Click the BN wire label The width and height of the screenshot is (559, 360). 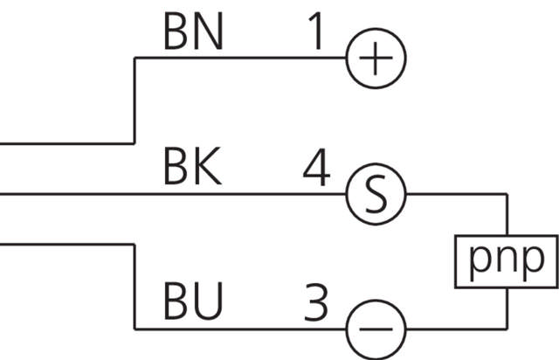[193, 32]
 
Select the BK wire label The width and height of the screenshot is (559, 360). [192, 168]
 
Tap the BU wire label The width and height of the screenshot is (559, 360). [193, 303]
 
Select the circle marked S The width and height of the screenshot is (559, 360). [376, 193]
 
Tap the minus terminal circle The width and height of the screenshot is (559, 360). [376, 329]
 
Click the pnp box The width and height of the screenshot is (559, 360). [507, 261]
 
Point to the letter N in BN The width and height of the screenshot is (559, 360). [210, 32]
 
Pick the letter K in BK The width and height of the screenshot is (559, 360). [208, 168]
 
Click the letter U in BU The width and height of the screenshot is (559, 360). [210, 303]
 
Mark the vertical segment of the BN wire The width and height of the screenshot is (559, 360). [134, 100]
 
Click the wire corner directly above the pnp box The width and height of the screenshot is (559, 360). [507, 194]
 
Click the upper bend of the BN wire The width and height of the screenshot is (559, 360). [134, 59]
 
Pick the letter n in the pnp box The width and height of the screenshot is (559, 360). [507, 261]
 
